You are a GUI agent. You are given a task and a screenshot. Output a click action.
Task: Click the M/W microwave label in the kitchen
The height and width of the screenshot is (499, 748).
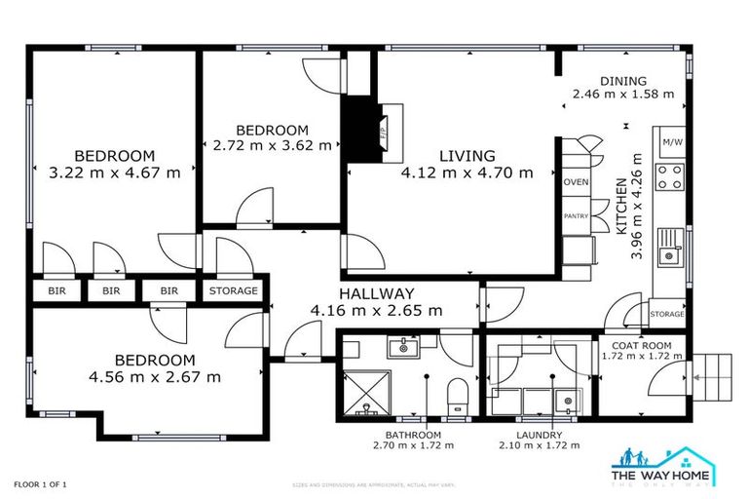[x=671, y=142]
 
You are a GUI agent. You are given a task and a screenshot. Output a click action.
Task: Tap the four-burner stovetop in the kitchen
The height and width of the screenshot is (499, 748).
[x=670, y=177]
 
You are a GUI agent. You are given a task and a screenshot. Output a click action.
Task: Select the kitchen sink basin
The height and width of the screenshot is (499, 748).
[x=668, y=256]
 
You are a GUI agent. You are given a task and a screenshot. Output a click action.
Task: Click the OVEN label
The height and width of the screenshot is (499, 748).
[x=576, y=181]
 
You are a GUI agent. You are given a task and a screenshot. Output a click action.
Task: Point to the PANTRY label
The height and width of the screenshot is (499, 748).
[x=576, y=216]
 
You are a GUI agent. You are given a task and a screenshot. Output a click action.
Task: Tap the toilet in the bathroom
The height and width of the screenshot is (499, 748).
[x=455, y=396]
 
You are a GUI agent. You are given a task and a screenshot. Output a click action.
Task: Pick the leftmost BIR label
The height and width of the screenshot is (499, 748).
[x=56, y=290]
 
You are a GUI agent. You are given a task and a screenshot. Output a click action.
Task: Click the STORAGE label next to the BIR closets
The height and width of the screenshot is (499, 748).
[x=234, y=290]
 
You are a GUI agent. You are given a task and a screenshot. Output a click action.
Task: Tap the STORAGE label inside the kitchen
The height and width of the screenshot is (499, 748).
[x=667, y=314]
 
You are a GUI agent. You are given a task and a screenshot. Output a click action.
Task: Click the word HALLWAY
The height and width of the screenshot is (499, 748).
[x=376, y=293]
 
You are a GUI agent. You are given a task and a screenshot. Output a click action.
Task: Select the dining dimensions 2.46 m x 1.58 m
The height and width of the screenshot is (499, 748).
[x=622, y=95]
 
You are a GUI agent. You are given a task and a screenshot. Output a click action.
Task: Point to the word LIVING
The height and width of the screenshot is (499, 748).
[x=467, y=156]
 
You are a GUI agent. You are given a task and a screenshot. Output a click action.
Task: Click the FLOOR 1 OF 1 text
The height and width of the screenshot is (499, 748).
[x=40, y=483]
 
